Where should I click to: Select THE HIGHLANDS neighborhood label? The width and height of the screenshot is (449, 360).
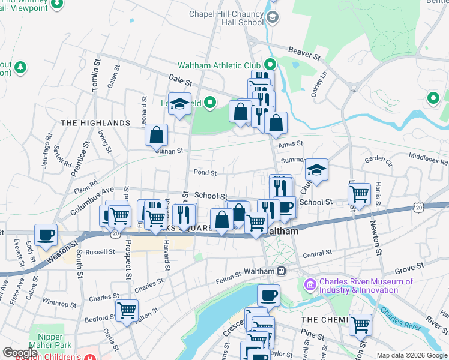coord(95,122)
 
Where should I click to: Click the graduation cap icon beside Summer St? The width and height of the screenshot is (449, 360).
coord(316,170)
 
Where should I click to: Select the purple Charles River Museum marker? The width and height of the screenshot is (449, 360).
coord(311,283)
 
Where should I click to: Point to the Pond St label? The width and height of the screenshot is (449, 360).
coord(205,172)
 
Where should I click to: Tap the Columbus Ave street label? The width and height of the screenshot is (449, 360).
coord(91,200)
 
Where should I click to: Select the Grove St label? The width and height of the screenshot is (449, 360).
coord(410,265)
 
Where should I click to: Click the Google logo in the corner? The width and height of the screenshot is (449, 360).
coord(20,352)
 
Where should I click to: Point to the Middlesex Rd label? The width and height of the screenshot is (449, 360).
coord(428,161)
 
